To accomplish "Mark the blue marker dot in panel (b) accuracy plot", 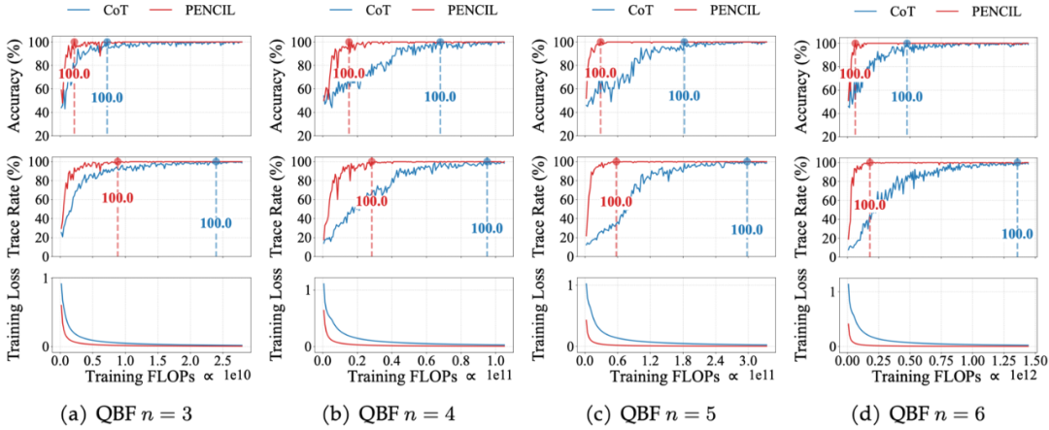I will [x=439, y=43].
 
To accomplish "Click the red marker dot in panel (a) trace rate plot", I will [x=118, y=162].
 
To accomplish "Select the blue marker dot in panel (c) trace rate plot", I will [x=747, y=162].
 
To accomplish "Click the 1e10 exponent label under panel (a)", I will [x=237, y=375].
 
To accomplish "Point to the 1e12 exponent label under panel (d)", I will [x=1016, y=375].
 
